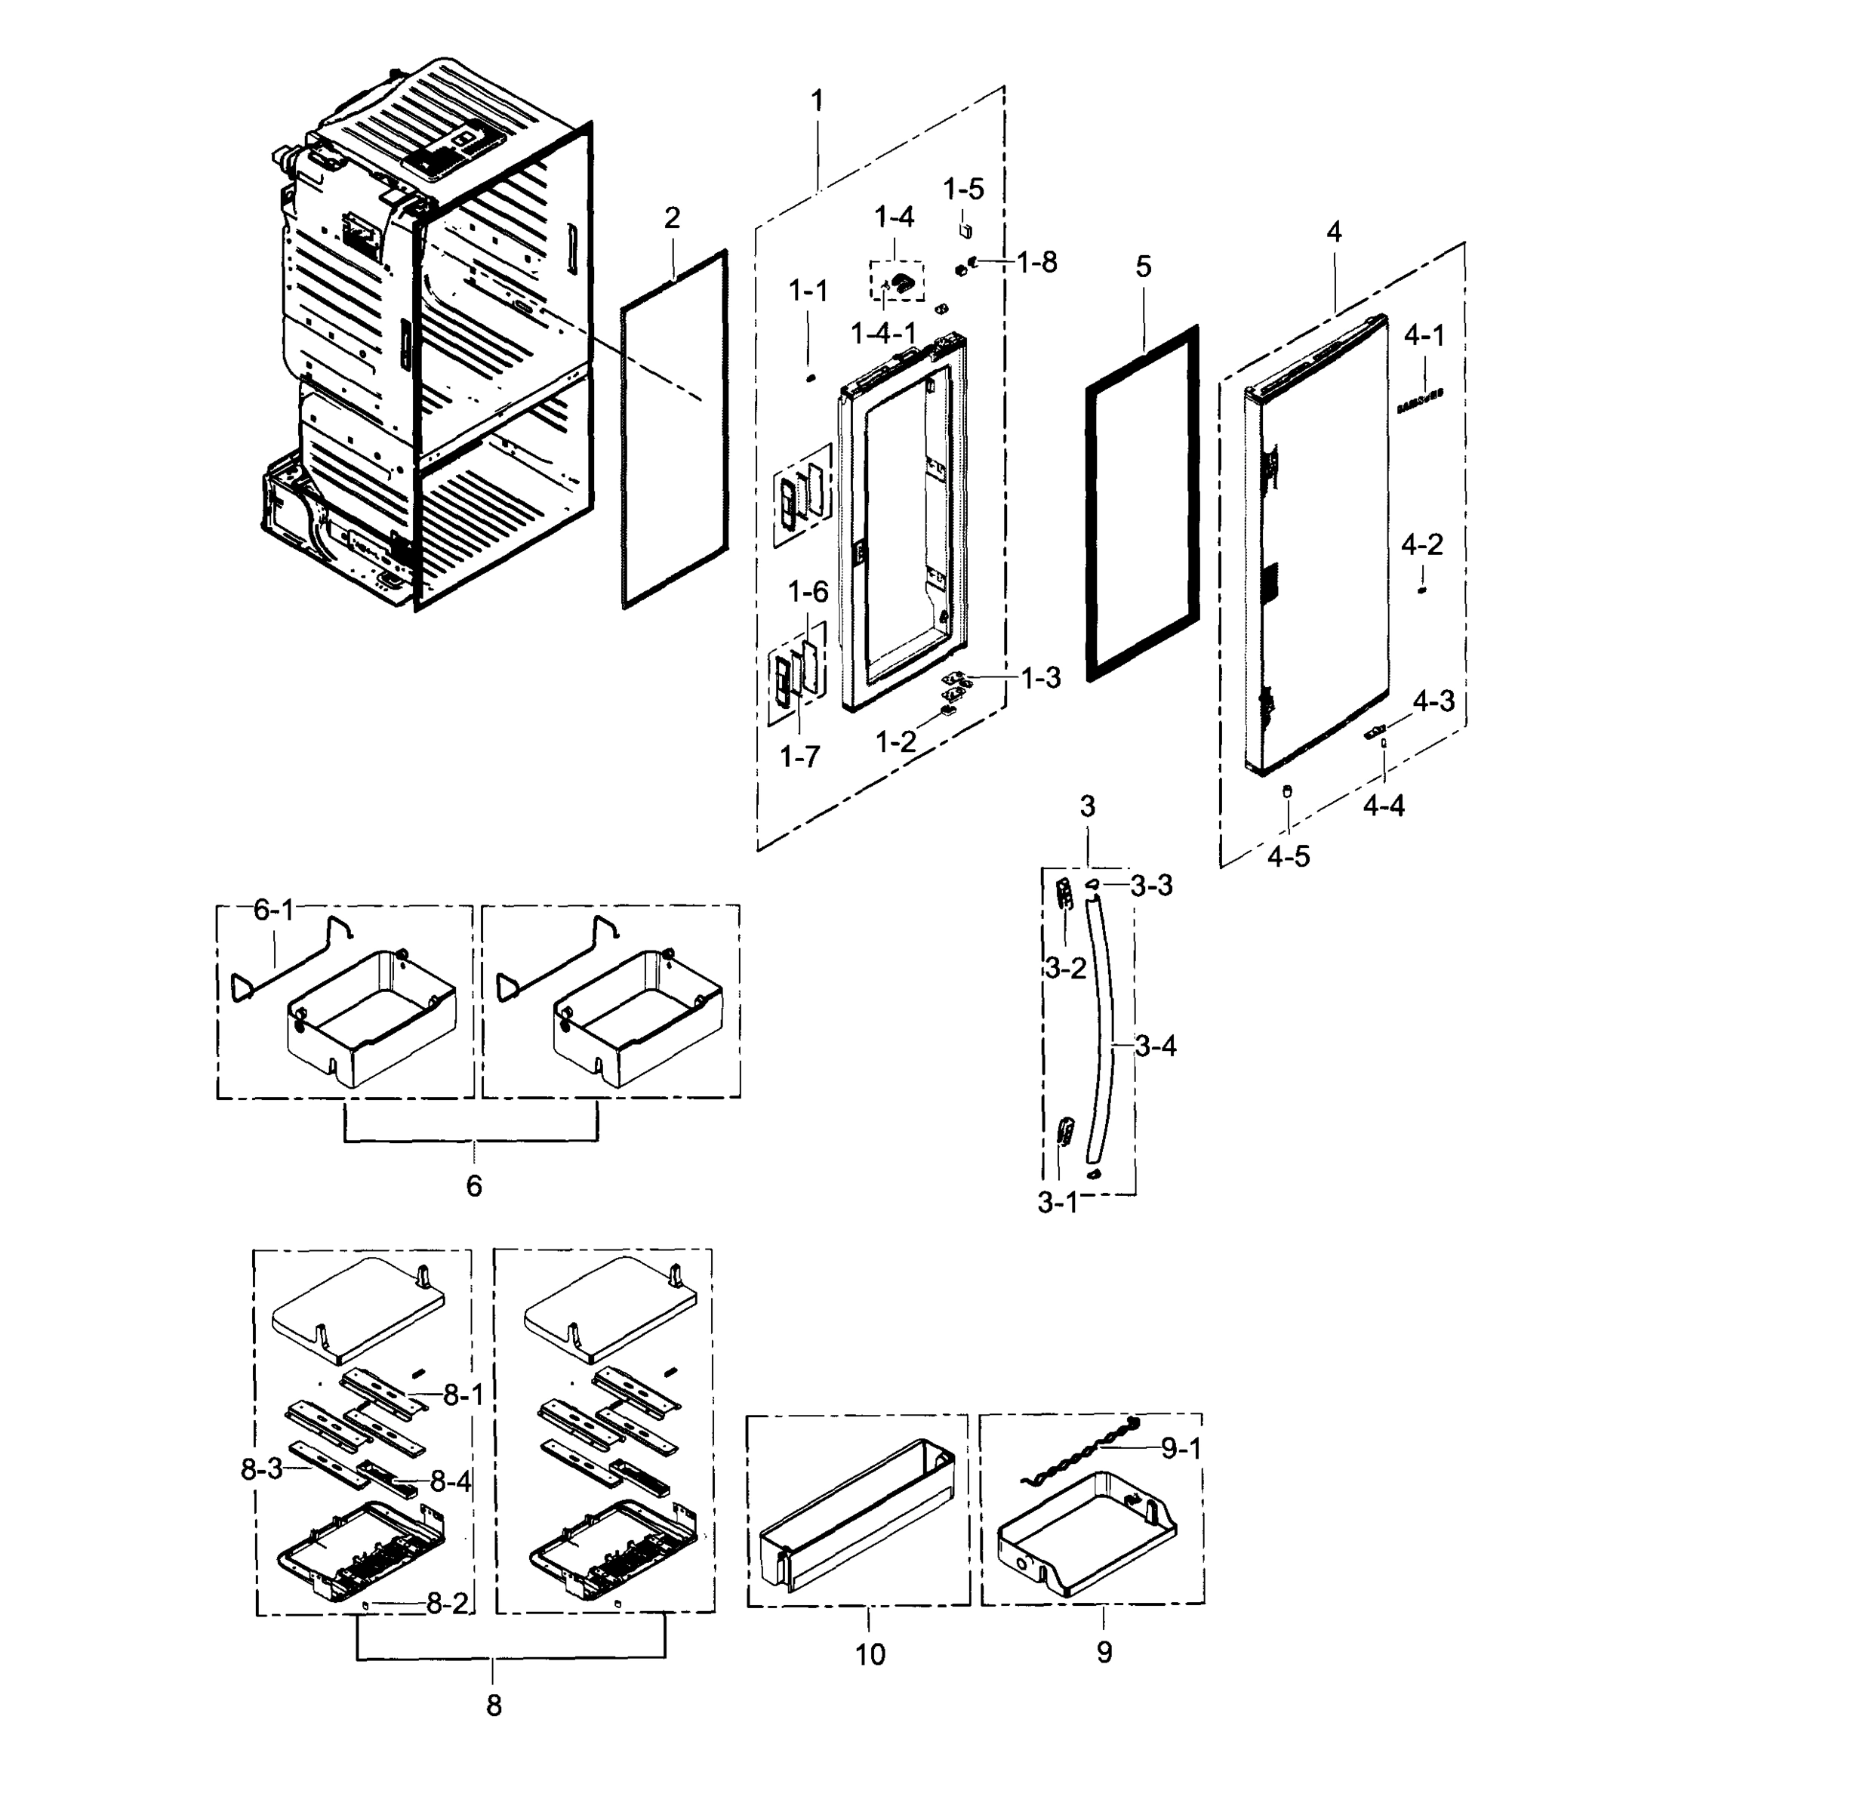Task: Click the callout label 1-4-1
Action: (x=883, y=333)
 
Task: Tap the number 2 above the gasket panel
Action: (x=672, y=218)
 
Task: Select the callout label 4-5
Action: (x=1289, y=856)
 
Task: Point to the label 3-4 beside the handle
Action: (x=1156, y=1047)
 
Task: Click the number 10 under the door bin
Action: (x=870, y=1655)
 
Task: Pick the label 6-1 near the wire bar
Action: (x=273, y=911)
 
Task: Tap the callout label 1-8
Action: (x=1036, y=263)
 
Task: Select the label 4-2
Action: (x=1421, y=544)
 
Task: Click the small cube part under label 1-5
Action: (x=965, y=231)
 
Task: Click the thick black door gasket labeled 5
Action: (x=1142, y=503)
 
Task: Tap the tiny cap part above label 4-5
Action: (x=1287, y=790)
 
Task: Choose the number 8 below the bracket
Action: (x=494, y=1706)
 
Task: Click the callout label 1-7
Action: (x=799, y=757)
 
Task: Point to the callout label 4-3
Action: (x=1433, y=701)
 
